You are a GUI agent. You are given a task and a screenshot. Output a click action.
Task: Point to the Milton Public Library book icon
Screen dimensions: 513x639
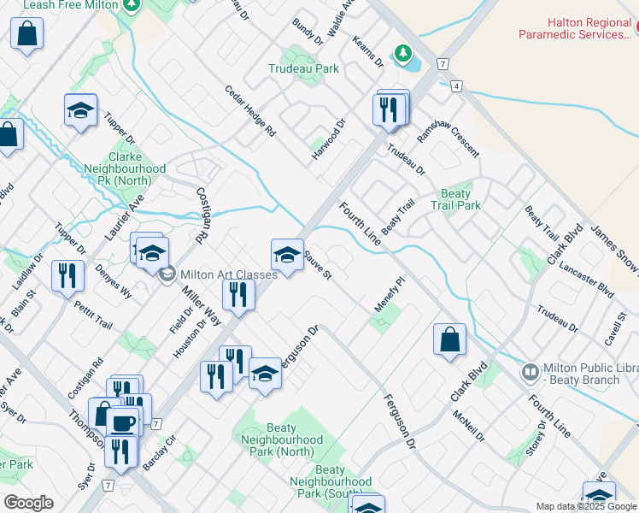531,372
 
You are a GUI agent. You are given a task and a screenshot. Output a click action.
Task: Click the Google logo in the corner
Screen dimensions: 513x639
28,503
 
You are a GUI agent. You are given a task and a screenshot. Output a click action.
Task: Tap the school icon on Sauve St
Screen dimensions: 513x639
288,254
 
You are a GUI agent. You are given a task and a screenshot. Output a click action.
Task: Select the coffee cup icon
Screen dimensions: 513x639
122,423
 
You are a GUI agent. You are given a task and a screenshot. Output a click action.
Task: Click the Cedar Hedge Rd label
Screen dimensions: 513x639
250,112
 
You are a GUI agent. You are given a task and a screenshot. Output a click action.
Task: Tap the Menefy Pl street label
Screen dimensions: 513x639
388,294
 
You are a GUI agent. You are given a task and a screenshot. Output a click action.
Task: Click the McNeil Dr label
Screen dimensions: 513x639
470,425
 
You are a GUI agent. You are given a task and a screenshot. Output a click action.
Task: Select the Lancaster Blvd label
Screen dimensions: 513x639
587,279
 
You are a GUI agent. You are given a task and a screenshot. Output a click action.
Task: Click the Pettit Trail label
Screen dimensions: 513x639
93,315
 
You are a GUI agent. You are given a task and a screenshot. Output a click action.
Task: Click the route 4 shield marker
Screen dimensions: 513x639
458,86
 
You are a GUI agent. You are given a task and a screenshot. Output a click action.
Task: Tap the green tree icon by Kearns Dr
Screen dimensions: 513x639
402,54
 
